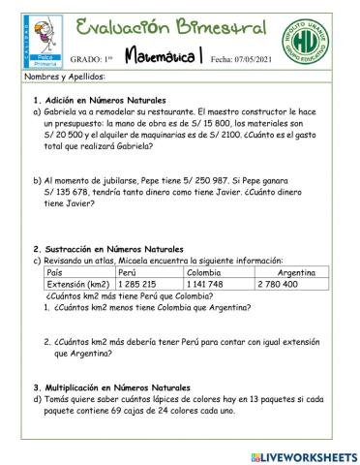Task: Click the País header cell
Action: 55,273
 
